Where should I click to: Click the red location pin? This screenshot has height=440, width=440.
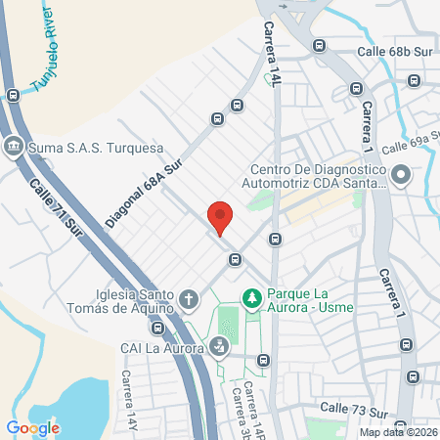click(220, 217)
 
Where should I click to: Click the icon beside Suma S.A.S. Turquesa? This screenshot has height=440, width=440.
click(14, 148)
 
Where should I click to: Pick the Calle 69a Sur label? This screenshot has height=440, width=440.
click(409, 147)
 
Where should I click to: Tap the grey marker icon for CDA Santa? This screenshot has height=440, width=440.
click(400, 175)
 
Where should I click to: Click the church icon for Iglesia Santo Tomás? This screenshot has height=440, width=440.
click(189, 297)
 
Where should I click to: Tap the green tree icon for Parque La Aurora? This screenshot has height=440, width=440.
click(251, 295)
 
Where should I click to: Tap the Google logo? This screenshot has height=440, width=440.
click(32, 427)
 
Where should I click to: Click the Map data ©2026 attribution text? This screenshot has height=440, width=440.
click(398, 432)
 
